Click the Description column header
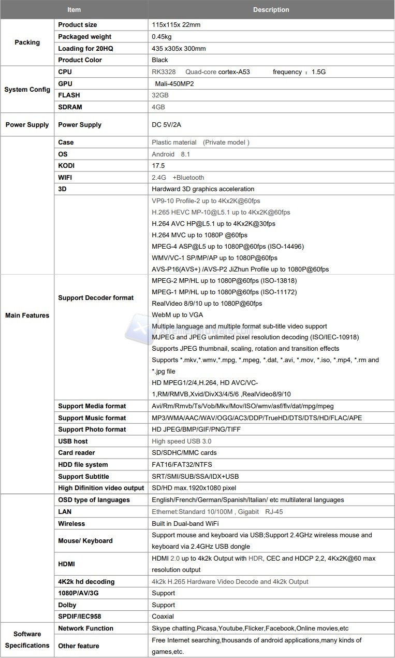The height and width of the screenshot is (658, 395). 271,10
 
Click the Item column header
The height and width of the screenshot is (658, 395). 74,10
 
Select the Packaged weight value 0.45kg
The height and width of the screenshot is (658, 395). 162,37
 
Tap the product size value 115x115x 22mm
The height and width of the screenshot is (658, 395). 176,25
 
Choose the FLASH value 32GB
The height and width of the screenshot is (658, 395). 160,95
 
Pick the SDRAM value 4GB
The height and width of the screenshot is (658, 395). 158,107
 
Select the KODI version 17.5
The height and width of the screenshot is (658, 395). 158,166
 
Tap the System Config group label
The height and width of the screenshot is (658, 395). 27,90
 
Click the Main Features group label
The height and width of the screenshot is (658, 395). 27,316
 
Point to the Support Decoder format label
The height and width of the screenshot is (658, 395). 96,298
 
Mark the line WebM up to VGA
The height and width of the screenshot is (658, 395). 177,315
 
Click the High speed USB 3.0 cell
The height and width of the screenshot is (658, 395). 181,441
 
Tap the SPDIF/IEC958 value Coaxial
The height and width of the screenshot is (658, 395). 163,617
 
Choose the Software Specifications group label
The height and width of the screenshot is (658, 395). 27,640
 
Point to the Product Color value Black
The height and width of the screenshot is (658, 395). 159,60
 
